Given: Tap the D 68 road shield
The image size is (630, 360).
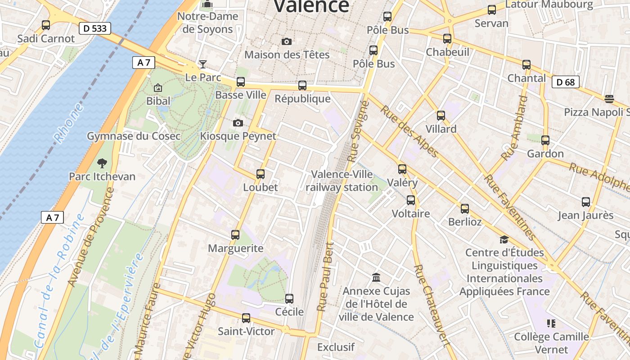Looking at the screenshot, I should [x=566, y=82].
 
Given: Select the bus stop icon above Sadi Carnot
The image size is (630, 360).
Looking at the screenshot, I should [x=46, y=25].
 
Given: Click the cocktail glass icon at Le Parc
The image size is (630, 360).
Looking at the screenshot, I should [x=203, y=64].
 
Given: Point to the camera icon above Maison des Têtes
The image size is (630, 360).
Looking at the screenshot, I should [x=286, y=42].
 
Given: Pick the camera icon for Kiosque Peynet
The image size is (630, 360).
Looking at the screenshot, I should [x=238, y=123].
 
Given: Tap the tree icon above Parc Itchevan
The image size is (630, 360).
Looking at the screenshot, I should [x=102, y=163].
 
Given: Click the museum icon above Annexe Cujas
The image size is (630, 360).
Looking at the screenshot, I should [x=376, y=277].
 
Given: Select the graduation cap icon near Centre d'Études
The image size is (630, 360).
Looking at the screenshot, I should [x=504, y=239].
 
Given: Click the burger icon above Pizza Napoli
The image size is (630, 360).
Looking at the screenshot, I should [x=609, y=99].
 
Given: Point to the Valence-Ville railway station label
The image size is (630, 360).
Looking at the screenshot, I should [x=342, y=180].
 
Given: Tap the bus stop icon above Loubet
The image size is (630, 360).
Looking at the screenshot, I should [x=260, y=174].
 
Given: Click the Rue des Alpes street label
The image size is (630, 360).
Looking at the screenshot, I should [x=409, y=131].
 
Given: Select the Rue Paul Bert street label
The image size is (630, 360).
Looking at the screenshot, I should [x=326, y=277].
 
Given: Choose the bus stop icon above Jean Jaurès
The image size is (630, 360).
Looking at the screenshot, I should [x=585, y=202].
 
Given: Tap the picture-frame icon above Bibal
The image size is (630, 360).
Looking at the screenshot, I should [x=157, y=88].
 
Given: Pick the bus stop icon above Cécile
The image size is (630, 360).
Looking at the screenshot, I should [x=289, y=298].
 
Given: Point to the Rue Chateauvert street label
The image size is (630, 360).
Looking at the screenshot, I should [x=431, y=306].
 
